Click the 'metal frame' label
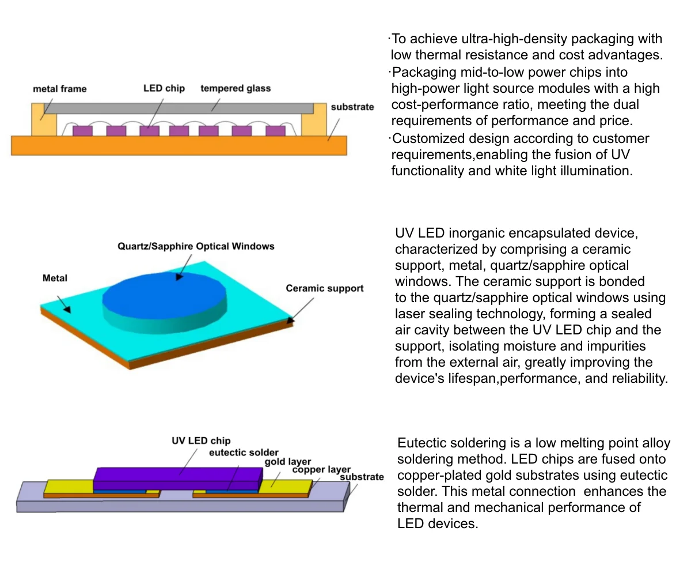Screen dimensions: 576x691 60,89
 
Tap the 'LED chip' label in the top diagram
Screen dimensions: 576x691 164,88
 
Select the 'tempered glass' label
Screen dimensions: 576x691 236,88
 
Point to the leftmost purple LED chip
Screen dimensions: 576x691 82,131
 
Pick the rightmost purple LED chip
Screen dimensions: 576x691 276,131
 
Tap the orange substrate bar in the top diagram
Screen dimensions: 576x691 179,145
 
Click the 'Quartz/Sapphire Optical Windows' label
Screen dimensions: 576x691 196,246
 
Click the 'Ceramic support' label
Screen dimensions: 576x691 325,288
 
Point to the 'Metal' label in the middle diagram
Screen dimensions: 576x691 55,278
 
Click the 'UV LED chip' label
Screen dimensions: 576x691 201,441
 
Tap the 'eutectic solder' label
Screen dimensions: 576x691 244,453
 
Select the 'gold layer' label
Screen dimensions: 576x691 288,462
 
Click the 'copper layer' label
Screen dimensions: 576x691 321,469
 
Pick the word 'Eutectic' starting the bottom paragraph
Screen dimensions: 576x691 421,443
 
